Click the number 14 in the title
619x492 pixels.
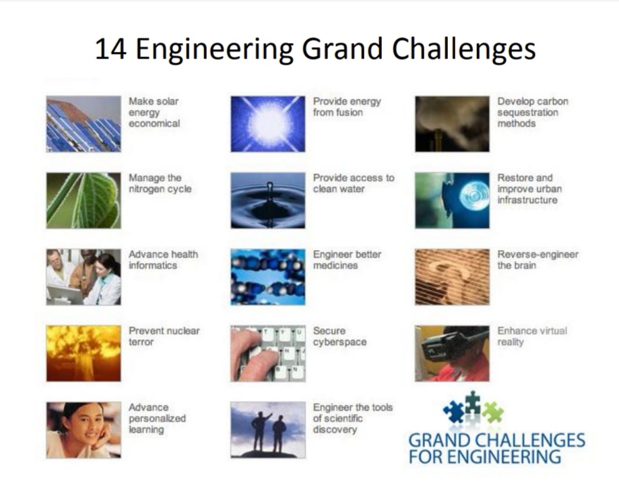(111, 49)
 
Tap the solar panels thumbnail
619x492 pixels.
(84, 124)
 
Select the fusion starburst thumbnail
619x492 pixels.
(268, 124)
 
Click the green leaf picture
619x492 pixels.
(84, 201)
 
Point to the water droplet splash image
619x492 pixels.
(268, 201)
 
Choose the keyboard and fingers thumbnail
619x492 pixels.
(268, 353)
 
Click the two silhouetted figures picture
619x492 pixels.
(268, 430)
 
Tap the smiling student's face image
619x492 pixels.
(84, 430)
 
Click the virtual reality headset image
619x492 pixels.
(452, 353)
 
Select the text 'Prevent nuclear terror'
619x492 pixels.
(164, 336)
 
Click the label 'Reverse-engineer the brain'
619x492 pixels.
(537, 260)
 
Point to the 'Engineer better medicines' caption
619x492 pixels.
(348, 260)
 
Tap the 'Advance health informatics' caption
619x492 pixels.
(164, 260)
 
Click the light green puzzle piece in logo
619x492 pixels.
(492, 412)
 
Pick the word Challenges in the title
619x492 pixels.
(463, 50)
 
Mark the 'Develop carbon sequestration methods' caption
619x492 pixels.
(533, 113)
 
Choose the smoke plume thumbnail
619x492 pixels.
(452, 124)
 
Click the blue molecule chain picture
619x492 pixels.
(268, 277)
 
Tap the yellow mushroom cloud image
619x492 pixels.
(84, 353)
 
